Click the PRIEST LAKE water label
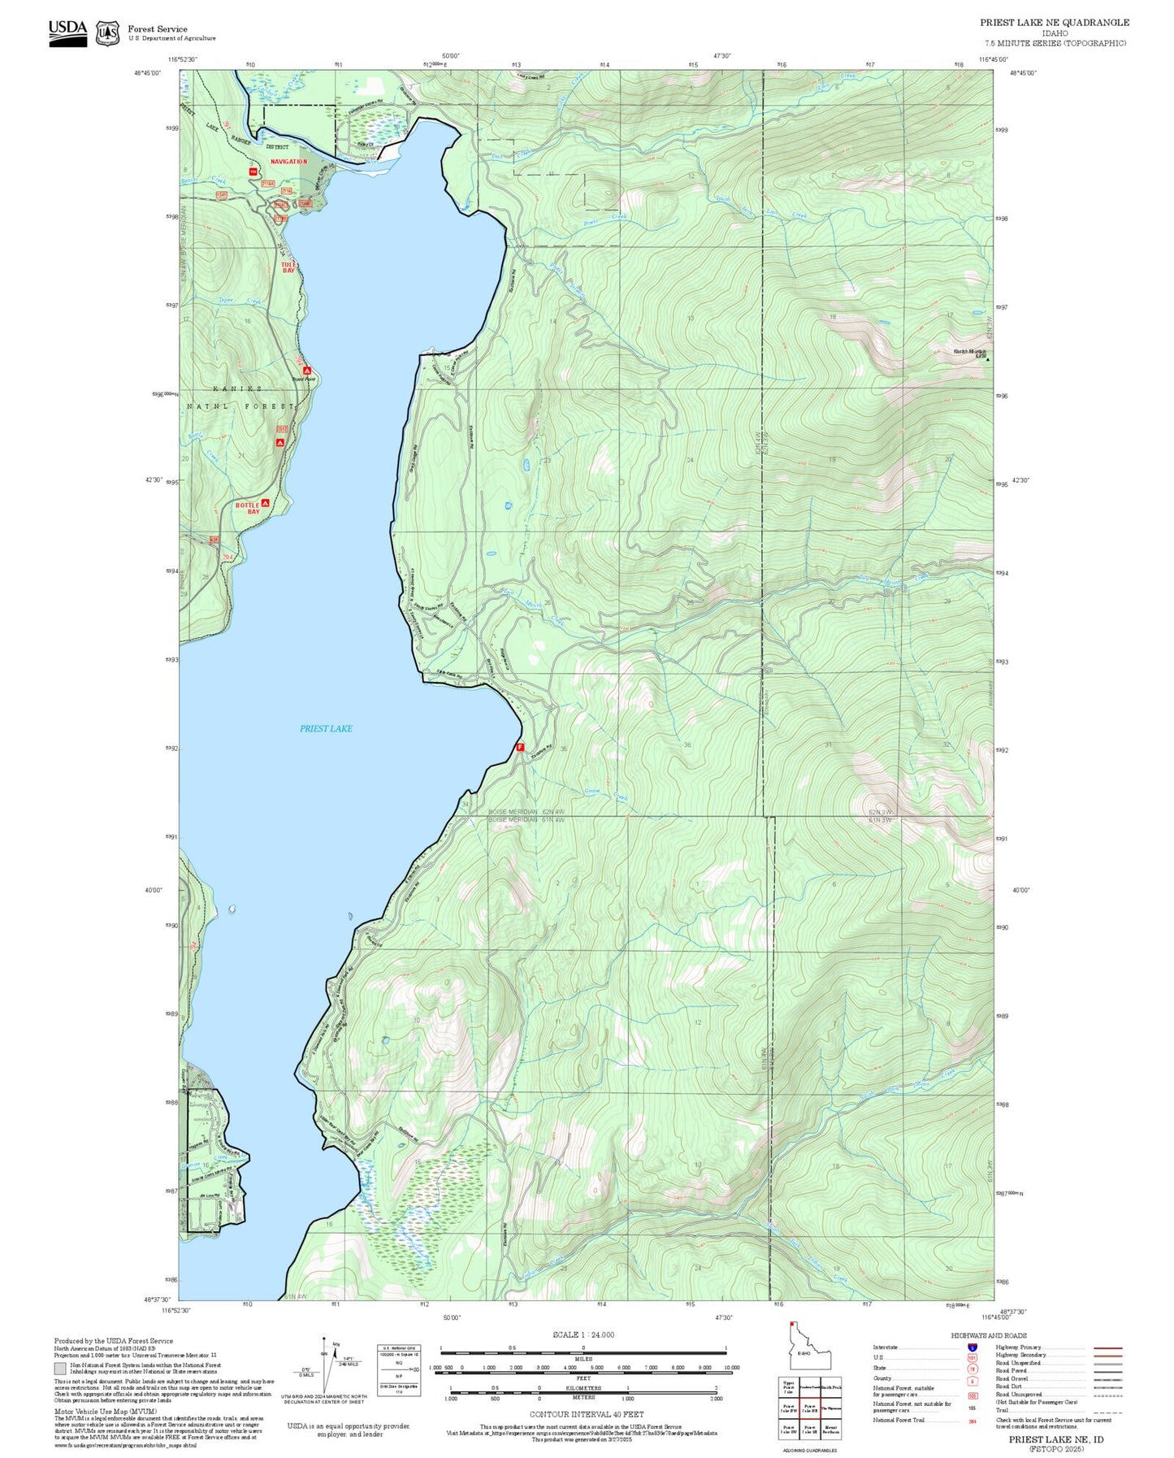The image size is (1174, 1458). [x=326, y=728]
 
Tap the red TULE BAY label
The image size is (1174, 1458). [x=288, y=267]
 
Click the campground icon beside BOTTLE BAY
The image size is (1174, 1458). [x=265, y=503]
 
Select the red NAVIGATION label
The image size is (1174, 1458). [x=289, y=162]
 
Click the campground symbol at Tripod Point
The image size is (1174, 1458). [x=307, y=371]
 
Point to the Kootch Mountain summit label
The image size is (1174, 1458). [x=969, y=353]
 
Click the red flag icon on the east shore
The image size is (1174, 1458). [x=520, y=747]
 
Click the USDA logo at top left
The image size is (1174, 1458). [x=67, y=33]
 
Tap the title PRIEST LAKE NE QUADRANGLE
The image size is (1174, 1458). [x=1054, y=23]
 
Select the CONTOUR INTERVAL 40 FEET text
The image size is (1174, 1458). [x=586, y=1414]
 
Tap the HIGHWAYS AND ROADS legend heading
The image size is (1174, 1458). [x=988, y=1335]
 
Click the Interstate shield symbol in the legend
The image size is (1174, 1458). [x=972, y=1347]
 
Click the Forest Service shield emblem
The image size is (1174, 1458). [x=107, y=33]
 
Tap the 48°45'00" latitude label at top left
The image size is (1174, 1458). [x=148, y=73]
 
